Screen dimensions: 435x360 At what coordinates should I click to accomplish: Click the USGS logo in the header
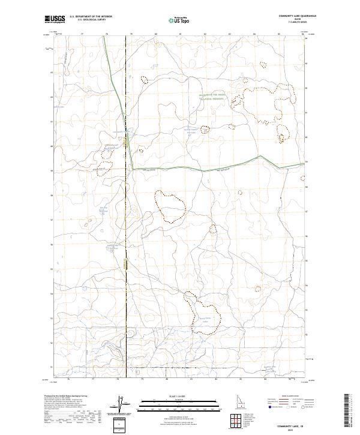tap(55, 19)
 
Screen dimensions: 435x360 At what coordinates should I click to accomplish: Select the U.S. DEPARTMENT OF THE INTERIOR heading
tap(91, 16)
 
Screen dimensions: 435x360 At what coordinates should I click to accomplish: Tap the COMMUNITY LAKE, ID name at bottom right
tap(296, 425)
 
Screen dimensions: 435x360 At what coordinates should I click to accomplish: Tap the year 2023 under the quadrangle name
tap(296, 430)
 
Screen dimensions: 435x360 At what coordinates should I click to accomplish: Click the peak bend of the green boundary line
tap(261, 156)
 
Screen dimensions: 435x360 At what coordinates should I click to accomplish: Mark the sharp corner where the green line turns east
tap(133, 169)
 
